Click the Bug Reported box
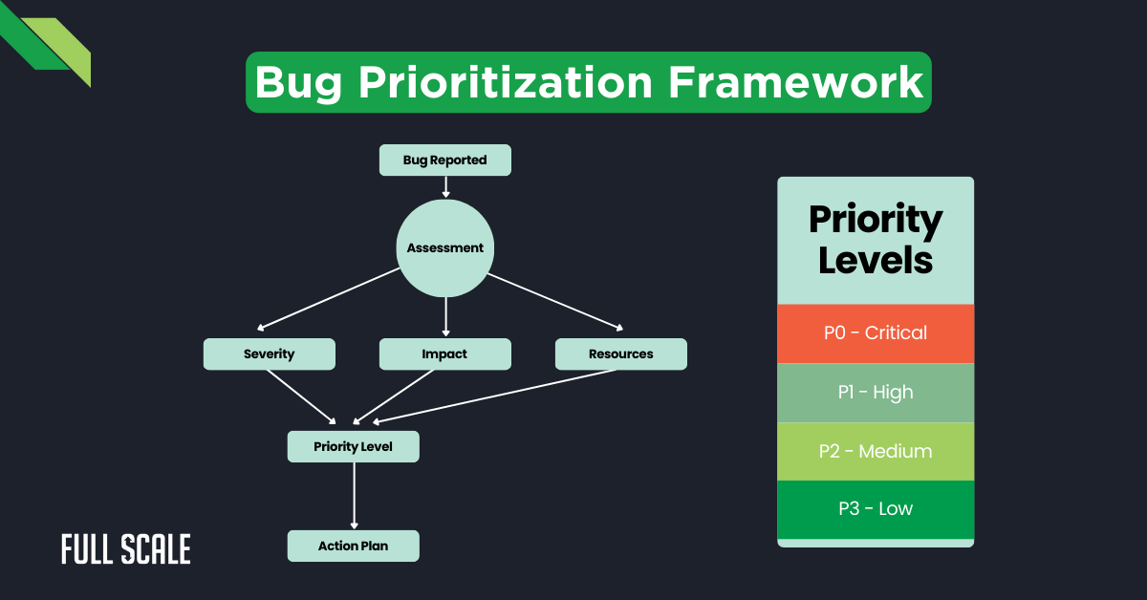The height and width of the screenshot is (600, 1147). tap(445, 161)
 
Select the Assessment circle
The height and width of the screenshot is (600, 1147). tap(445, 248)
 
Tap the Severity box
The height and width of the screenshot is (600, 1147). tap(270, 354)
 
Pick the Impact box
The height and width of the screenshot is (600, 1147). tap(445, 354)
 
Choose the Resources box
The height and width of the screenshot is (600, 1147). tap(621, 354)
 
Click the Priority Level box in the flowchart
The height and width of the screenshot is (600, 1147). tap(354, 447)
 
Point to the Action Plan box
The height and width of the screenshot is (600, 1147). tap(354, 546)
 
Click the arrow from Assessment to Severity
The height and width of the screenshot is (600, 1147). tap(330, 298)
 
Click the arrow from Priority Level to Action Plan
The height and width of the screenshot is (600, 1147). tap(355, 495)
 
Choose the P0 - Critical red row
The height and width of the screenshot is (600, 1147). tap(876, 333)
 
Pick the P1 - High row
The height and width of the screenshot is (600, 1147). tap(876, 393)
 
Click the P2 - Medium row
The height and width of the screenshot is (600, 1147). tap(876, 451)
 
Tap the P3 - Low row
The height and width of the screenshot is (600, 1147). tap(876, 509)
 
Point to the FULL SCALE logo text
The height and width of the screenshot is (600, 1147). tap(126, 549)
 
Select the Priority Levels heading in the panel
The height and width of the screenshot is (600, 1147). tap(876, 240)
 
